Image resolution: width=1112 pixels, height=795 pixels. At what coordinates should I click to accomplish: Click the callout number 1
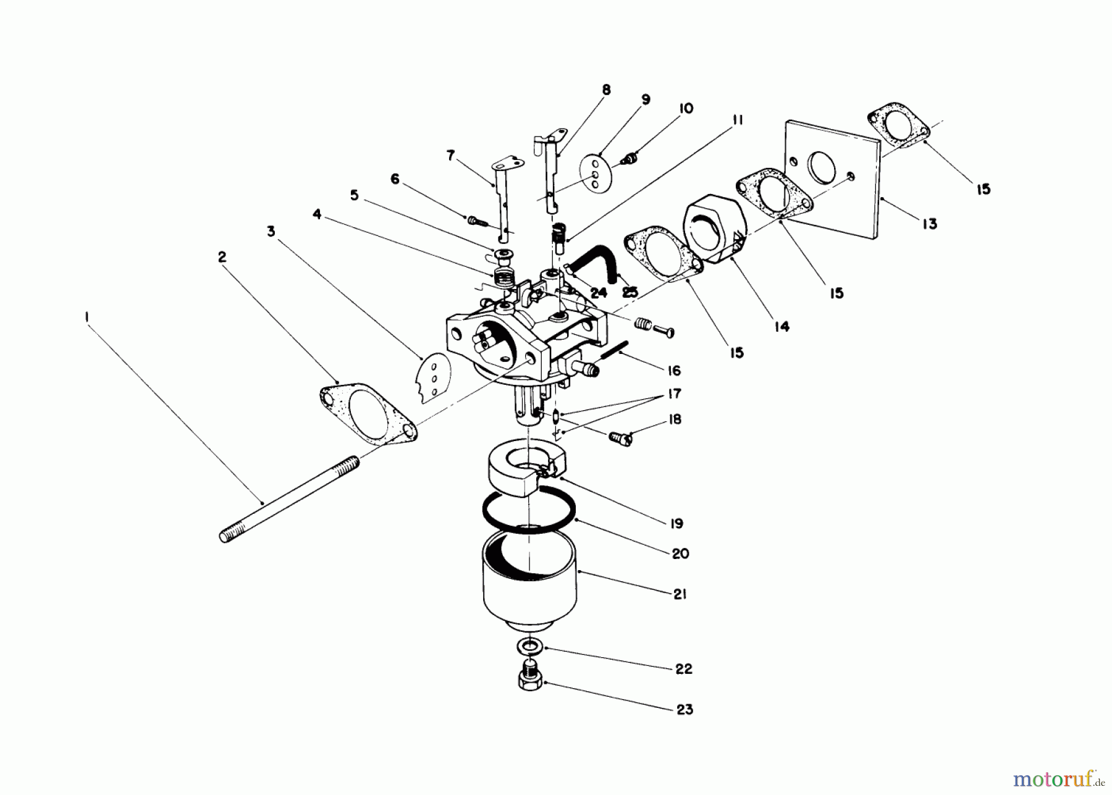coord(87,316)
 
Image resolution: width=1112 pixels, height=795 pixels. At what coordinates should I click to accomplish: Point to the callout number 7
coord(450,155)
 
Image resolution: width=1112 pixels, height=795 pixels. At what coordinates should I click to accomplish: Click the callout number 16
coord(674,371)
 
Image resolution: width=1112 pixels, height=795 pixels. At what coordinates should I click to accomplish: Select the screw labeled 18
coord(620,439)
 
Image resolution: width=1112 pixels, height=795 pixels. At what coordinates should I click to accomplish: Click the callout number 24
coord(598,293)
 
